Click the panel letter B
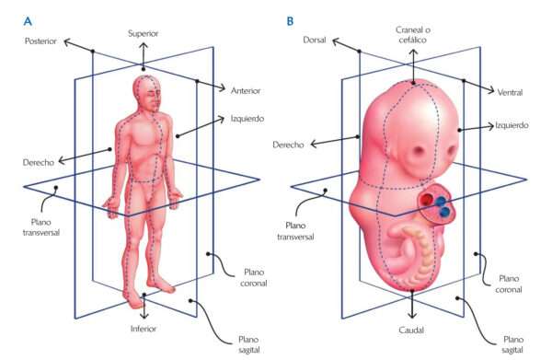(x=292, y=19)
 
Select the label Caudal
(x=412, y=326)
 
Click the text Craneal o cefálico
(x=412, y=37)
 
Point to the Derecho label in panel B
(x=291, y=145)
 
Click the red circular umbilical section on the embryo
(x=438, y=204)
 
